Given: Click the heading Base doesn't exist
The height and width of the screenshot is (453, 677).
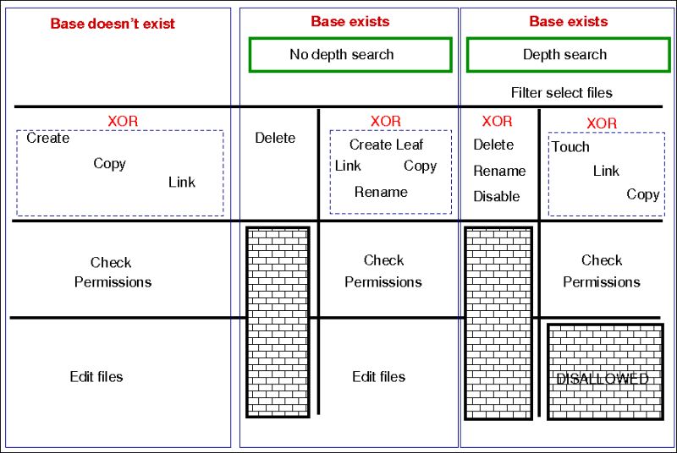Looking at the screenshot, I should [113, 23].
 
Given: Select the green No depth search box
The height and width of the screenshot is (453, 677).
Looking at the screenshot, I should [350, 55].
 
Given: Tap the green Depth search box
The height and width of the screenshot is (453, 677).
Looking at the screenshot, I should [564, 55].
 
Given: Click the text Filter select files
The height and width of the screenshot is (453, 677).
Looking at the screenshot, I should [561, 92].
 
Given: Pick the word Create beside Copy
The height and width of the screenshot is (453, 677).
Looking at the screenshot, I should [47, 138].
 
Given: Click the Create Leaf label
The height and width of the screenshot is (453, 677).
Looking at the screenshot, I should [386, 145].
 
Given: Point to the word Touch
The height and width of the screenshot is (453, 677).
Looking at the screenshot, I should [570, 147].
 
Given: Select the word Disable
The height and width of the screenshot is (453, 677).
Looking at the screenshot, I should [497, 196].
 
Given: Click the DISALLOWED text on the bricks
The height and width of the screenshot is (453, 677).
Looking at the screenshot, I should [603, 379].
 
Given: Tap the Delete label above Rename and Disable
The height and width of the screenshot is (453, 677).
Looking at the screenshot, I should [493, 145].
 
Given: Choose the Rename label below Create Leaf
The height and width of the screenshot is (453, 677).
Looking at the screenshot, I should [381, 192].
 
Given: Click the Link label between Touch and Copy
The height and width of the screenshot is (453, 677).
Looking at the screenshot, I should [606, 171].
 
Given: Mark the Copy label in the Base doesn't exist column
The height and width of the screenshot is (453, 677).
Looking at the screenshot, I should [109, 163].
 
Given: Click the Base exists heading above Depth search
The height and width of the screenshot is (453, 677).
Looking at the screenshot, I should [568, 21].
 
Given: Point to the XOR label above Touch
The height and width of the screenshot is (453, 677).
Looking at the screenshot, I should [601, 123].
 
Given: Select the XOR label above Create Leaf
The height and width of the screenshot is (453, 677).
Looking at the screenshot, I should [385, 122].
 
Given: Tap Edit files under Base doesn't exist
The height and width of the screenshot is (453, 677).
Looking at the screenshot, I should [96, 376].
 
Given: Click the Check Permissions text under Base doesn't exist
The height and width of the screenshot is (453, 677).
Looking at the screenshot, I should [112, 272].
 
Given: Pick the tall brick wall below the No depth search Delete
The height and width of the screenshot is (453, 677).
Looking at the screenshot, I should [277, 321].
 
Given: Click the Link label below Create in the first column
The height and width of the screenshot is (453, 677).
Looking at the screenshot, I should [181, 182].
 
